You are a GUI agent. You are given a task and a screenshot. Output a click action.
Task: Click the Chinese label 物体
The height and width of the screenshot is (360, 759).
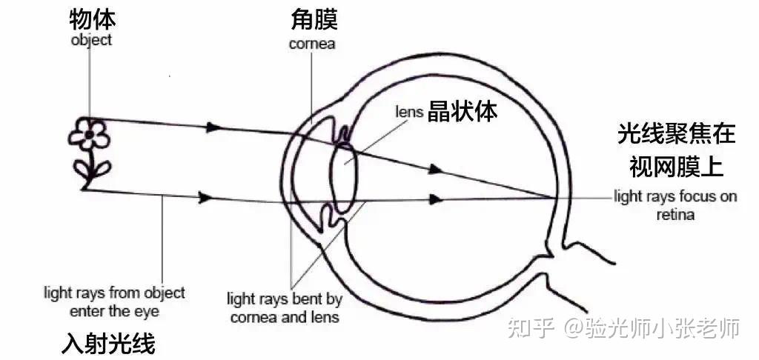[x=91, y=19]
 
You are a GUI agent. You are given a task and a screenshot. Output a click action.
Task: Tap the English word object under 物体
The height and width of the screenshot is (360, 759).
[x=91, y=40]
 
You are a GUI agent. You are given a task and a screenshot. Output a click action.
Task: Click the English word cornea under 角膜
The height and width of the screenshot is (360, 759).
[x=312, y=44]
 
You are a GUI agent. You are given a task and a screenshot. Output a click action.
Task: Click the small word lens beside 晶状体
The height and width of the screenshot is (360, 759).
[x=410, y=112]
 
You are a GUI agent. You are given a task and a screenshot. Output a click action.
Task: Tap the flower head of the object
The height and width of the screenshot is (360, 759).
[x=89, y=134]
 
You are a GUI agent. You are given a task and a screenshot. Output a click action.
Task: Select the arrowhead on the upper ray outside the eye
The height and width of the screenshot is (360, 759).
[x=213, y=127]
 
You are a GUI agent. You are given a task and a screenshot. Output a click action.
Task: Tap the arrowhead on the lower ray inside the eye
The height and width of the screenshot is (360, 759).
[x=437, y=199]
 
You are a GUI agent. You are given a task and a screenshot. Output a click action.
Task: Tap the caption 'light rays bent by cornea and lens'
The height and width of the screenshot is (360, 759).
[x=285, y=308]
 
